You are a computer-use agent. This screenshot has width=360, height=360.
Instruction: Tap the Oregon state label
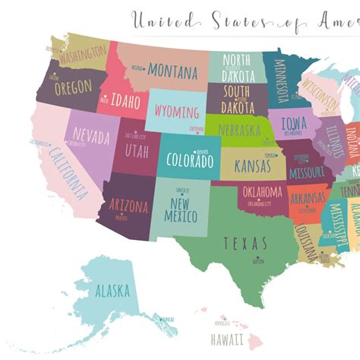[x=73, y=87]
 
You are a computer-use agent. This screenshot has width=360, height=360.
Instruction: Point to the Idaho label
[x=125, y=101]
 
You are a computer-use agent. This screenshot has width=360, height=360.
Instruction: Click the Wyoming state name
[x=176, y=112]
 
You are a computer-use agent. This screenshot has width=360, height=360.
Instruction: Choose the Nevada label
[x=91, y=136]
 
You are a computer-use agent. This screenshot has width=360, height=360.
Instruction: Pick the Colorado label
[x=189, y=162]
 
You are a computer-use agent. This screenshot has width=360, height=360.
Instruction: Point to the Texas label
[x=245, y=243]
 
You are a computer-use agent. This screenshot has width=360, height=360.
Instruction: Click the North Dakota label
[x=238, y=66]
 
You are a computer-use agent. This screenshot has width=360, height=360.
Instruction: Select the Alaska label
[x=112, y=290]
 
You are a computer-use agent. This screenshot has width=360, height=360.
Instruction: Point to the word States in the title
[x=235, y=21]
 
